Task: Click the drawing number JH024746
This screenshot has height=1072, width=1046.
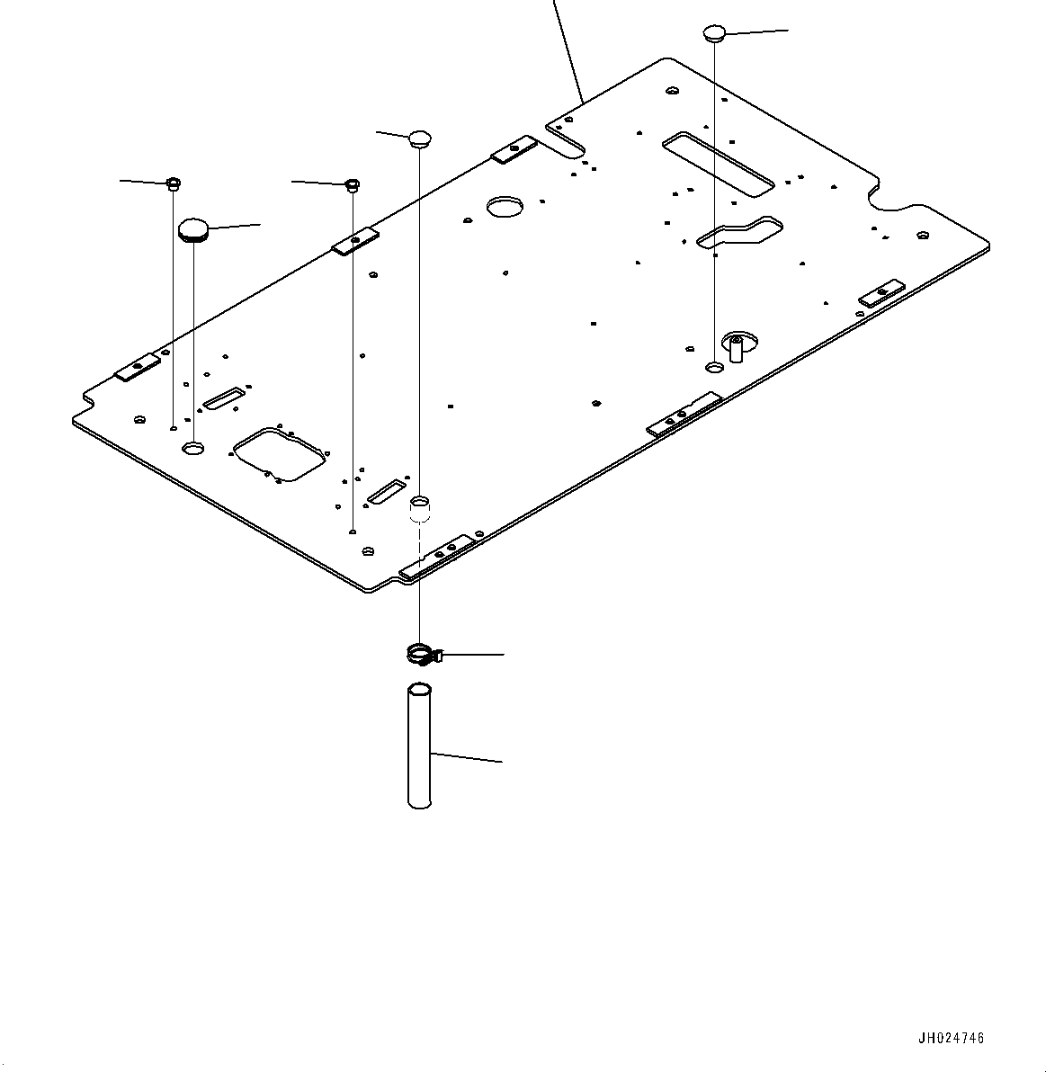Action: click(951, 1038)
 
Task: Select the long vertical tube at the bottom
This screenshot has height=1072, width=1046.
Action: click(419, 746)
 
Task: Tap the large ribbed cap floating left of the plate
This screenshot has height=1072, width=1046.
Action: click(193, 229)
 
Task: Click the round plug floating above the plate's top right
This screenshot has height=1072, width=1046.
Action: click(714, 34)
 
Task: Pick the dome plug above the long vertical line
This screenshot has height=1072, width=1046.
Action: click(420, 138)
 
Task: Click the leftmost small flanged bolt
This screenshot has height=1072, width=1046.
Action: click(173, 183)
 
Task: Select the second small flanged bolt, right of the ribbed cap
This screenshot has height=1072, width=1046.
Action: click(353, 185)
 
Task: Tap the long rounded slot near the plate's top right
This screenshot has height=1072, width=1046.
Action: click(717, 163)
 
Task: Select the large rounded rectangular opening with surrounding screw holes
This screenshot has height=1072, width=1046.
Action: click(279, 453)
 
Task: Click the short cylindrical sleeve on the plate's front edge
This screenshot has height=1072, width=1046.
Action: click(420, 509)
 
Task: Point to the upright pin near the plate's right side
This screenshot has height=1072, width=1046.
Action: click(736, 346)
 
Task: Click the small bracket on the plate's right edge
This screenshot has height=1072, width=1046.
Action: click(881, 293)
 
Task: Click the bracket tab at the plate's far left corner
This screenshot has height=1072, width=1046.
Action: click(138, 366)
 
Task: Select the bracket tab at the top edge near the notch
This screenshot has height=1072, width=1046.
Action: click(514, 149)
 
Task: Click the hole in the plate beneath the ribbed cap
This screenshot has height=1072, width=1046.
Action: click(193, 447)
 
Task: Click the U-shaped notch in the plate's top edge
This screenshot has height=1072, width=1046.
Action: click(566, 135)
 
